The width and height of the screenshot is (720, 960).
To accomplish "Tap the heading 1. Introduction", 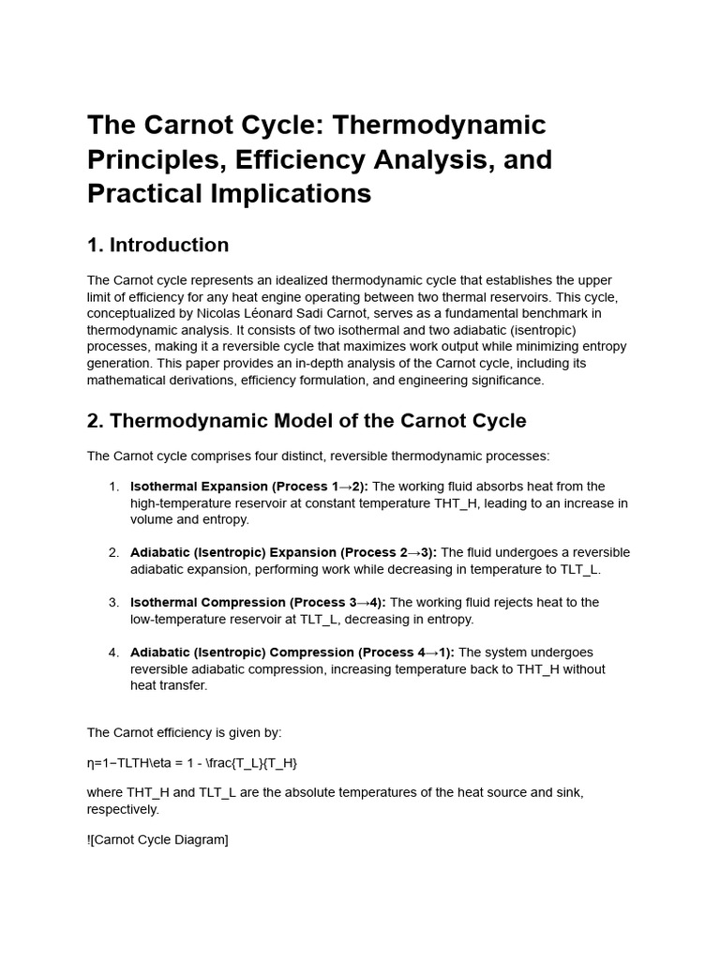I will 157,246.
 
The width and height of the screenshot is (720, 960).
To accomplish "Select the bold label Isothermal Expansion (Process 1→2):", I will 249,487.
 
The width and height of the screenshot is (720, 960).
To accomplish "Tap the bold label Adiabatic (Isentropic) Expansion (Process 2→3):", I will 283,552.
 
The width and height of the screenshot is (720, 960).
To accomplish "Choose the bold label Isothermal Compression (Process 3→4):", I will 258,603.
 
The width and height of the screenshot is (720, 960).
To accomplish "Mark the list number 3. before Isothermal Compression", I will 113,603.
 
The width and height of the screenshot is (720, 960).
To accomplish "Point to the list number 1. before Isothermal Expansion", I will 113,487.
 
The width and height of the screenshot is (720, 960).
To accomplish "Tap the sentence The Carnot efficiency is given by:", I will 184,732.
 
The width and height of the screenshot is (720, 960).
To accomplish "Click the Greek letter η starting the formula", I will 91,763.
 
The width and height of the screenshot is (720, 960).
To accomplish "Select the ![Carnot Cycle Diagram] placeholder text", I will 157,840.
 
